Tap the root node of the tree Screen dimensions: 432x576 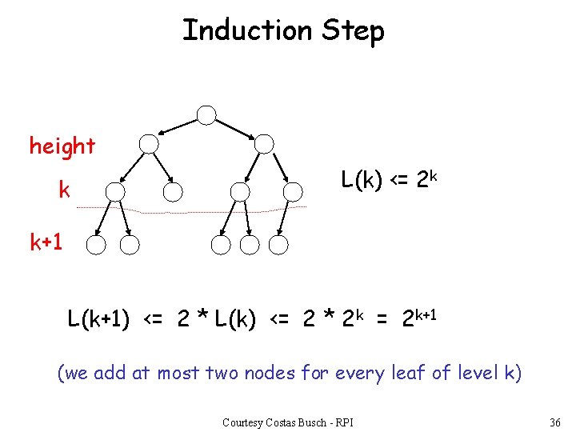tap(207, 115)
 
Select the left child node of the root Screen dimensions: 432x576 tap(150, 144)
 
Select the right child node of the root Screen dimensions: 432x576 tap(265, 144)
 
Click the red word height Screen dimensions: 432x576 tap(62, 146)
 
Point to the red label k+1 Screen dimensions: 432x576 tap(46, 243)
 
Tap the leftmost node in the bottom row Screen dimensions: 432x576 tap(96, 245)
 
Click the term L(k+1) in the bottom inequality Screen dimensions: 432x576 tap(99, 320)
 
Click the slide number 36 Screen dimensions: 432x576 tap(555, 422)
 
